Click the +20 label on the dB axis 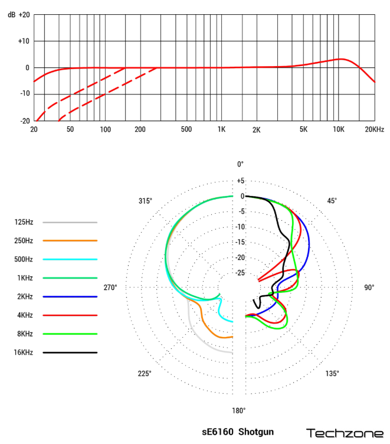point(24,14)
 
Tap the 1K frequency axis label point(221,129)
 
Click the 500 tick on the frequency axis point(186,129)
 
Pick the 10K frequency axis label point(339,129)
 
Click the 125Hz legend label point(24,223)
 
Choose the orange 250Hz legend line point(70,241)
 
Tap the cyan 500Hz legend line point(70,259)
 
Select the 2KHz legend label point(24,296)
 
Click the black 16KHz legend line point(70,352)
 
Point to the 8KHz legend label point(24,334)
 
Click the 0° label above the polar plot point(240,164)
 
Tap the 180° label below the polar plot point(238,411)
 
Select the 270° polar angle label point(110,288)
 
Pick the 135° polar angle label point(332,373)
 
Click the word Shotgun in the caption point(257,432)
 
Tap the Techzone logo point(344,433)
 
